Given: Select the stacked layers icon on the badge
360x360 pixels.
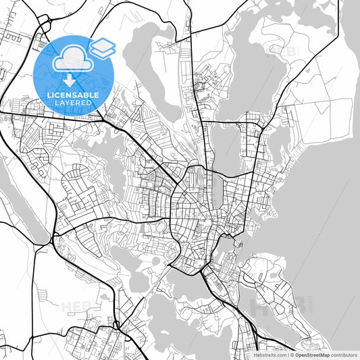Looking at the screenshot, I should pyautogui.click(x=102, y=47).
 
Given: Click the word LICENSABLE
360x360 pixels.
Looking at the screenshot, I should pyautogui.click(x=74, y=96).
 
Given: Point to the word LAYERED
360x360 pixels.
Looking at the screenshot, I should pyautogui.click(x=74, y=104).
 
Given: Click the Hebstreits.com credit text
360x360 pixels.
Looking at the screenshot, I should pyautogui.click(x=269, y=355).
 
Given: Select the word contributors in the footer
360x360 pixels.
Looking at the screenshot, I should pyautogui.click(x=344, y=355).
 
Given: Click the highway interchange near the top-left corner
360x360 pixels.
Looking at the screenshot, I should pyautogui.click(x=43, y=24).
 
